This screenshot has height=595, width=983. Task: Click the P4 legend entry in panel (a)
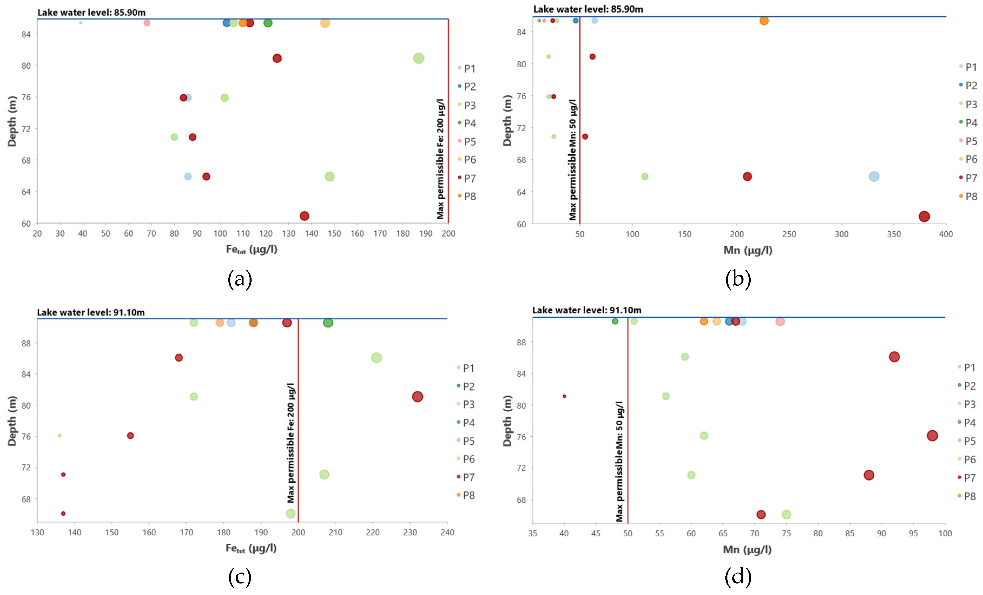pyautogui.click(x=467, y=123)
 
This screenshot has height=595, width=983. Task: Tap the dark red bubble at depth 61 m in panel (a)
pyautogui.click(x=304, y=216)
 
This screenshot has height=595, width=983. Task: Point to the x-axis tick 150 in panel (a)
pyautogui.click(x=334, y=234)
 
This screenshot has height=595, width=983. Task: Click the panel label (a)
pyautogui.click(x=240, y=279)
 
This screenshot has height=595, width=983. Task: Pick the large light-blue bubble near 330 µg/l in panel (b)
pyautogui.click(x=874, y=176)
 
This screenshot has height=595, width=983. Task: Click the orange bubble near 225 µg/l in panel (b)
pyautogui.click(x=764, y=21)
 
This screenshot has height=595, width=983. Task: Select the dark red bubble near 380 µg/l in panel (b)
pyautogui.click(x=924, y=216)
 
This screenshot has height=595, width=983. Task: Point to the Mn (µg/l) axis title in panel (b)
pyautogui.click(x=748, y=250)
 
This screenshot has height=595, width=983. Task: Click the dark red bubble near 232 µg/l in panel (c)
pyautogui.click(x=417, y=396)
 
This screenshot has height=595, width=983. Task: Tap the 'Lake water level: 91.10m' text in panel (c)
pyautogui.click(x=91, y=312)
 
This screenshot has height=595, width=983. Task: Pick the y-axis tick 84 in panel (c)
pyautogui.click(x=26, y=374)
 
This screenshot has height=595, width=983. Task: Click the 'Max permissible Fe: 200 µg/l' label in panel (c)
pyautogui.click(x=291, y=443)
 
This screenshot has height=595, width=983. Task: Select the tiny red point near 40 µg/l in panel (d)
pyautogui.click(x=564, y=396)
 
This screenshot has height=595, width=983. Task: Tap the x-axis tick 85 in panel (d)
pyautogui.click(x=850, y=533)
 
